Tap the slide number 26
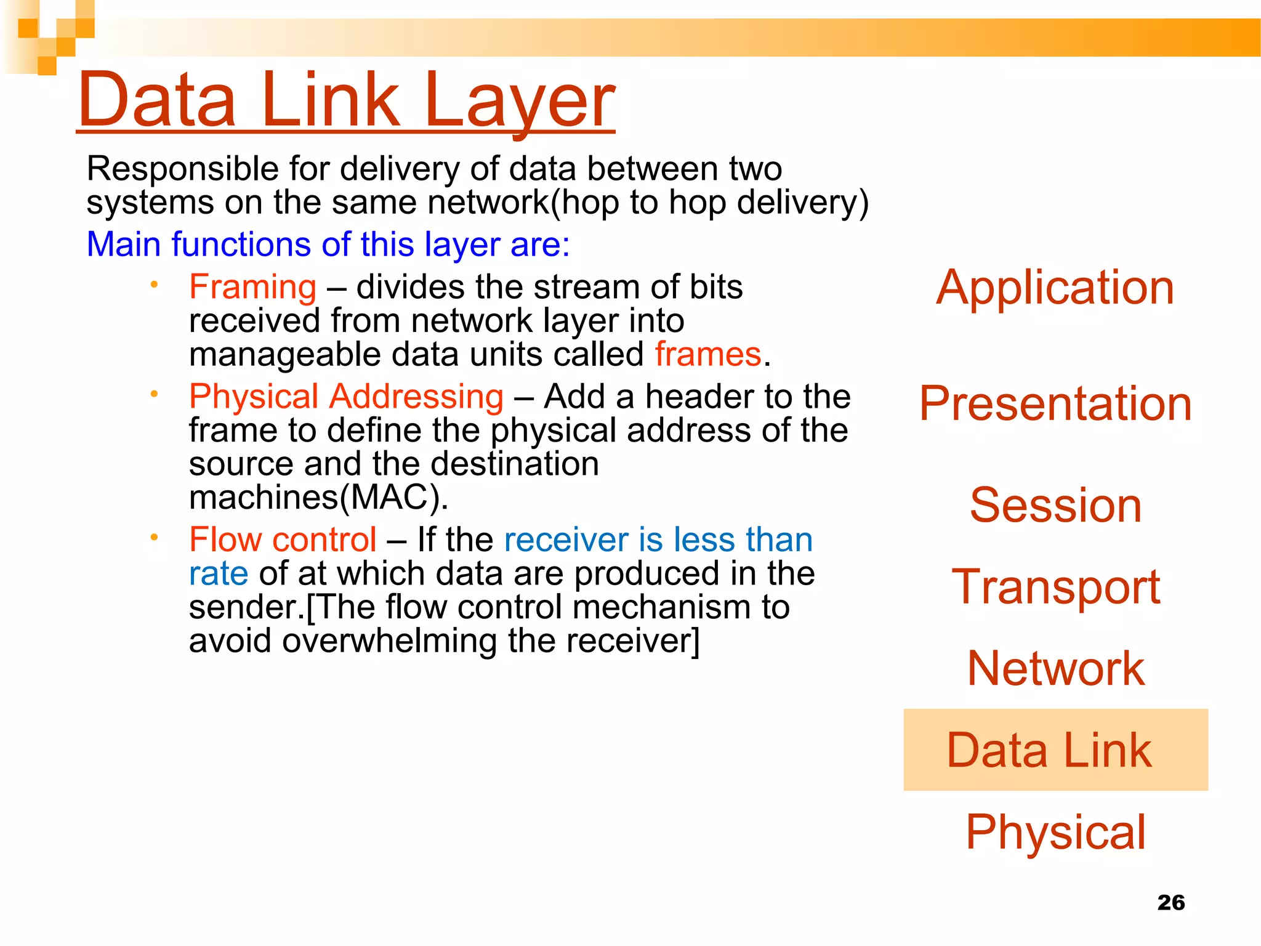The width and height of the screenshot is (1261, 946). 1170,902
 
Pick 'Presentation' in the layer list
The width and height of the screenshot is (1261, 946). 1055,403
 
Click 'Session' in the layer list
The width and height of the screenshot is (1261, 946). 1055,505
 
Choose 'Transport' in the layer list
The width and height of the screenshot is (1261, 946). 1055,586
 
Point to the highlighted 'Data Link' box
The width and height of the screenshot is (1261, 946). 1055,750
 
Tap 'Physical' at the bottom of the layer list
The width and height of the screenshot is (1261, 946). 1055,832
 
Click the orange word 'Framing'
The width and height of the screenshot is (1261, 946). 252,287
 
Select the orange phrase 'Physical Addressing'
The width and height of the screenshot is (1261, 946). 346,396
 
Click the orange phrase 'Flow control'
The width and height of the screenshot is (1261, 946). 283,540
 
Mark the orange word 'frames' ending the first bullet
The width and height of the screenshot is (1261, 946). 708,354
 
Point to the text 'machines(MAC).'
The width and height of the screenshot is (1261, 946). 318,497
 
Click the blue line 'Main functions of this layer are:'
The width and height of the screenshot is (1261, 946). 328,244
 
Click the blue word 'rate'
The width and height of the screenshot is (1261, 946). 219,573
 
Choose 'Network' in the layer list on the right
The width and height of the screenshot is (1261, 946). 1055,668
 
